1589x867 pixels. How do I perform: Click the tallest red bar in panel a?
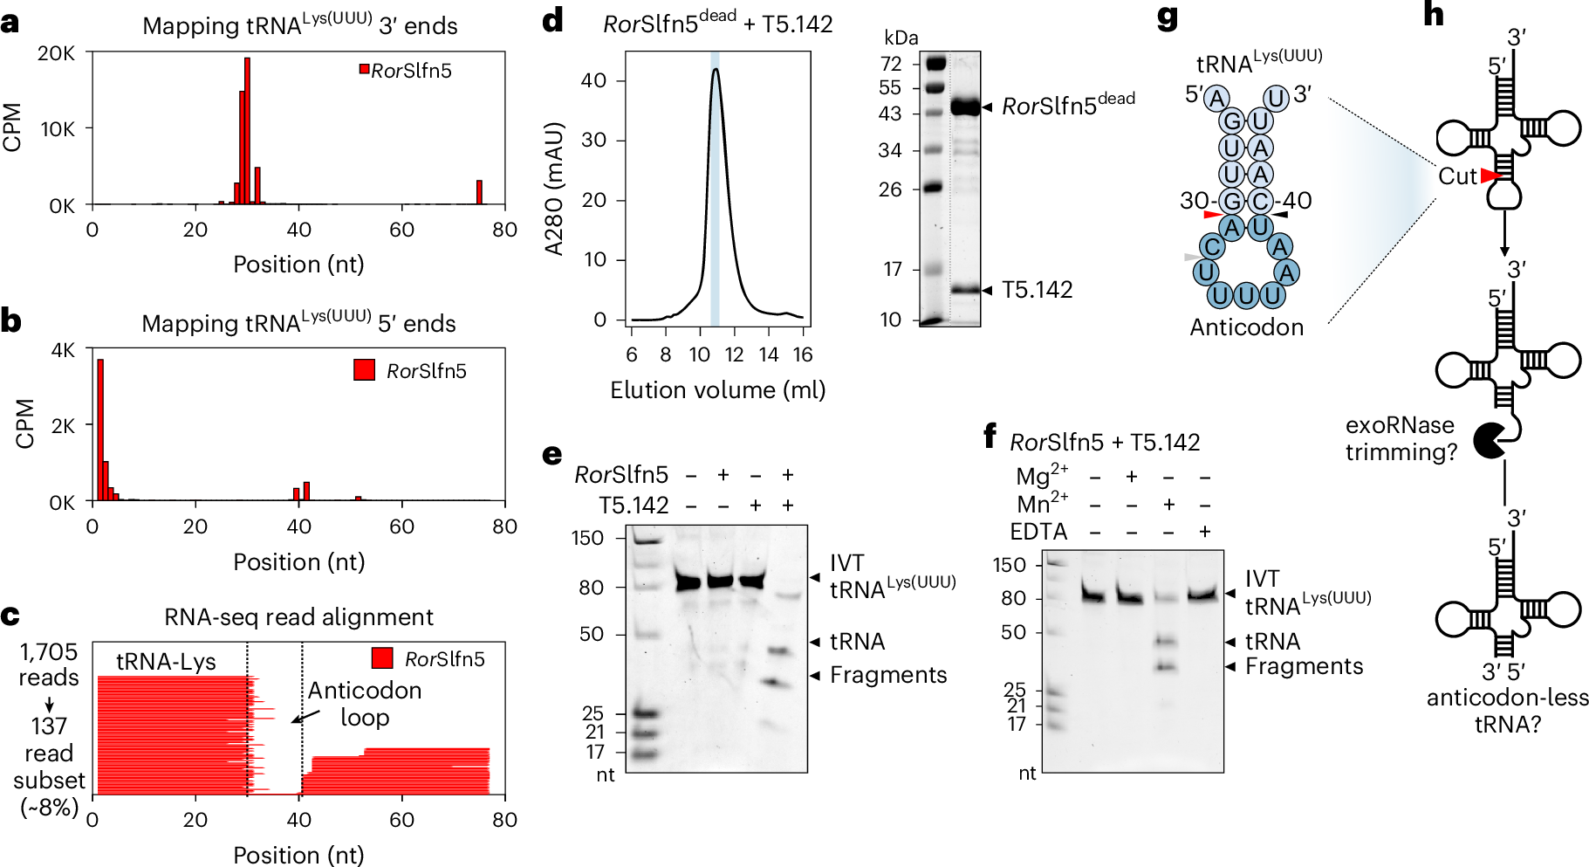(247, 131)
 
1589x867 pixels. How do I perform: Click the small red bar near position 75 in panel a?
(479, 192)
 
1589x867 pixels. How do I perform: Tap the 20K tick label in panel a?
(57, 53)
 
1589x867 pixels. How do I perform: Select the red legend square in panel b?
(364, 370)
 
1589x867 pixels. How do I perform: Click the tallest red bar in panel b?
(100, 428)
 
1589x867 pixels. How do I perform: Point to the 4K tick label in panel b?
(64, 351)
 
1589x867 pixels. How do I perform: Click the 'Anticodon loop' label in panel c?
(365, 704)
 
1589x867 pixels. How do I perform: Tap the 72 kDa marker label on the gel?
(891, 64)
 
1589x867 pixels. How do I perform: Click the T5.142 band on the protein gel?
(965, 290)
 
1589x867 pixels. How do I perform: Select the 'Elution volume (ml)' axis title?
(717, 390)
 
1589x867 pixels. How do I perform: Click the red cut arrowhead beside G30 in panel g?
(1212, 214)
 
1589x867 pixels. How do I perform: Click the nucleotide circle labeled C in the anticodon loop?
(1212, 247)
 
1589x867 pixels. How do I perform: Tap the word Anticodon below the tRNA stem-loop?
(1246, 327)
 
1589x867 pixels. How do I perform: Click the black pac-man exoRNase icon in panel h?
(1490, 440)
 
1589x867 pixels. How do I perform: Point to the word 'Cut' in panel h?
(1457, 176)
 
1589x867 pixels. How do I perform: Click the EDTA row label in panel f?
(1038, 532)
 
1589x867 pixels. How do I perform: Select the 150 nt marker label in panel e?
(587, 538)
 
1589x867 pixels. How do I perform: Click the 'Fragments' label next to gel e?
(887, 675)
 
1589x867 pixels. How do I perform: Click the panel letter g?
(1167, 17)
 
